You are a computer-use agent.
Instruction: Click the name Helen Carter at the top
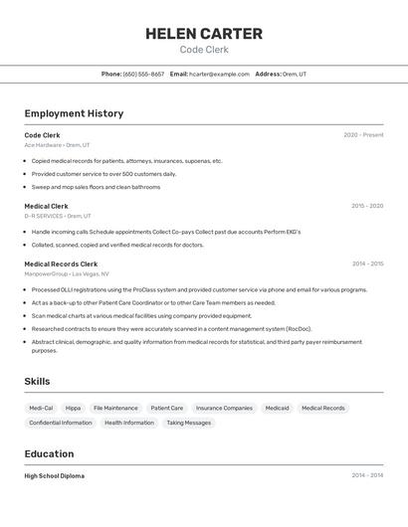coord(204,34)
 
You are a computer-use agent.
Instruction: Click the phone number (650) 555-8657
coord(143,74)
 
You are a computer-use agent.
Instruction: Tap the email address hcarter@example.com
coord(219,74)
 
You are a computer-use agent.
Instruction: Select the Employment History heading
coord(74,113)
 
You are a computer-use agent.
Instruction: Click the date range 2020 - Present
coord(363,135)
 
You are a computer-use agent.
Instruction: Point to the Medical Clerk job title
coord(46,206)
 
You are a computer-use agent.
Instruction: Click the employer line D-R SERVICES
coord(57,216)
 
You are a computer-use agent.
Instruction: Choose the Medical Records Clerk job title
coord(61,263)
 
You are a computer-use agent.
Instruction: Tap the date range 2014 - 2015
coord(367,263)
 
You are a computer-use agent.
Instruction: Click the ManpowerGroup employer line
coord(67,273)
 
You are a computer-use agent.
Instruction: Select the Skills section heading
coord(37,381)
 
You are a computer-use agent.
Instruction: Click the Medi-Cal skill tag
coord(41,408)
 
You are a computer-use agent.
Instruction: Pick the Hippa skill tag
coord(73,408)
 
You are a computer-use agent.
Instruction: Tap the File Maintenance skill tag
coord(115,408)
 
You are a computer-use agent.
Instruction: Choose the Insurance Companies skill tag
coord(224,408)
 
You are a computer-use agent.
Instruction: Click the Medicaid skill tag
coord(277,408)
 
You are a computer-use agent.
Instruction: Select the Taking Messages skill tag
coord(188,423)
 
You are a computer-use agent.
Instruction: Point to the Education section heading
coord(50,453)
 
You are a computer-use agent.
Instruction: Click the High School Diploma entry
coord(54,476)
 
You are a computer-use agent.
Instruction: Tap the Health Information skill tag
coord(129,423)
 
